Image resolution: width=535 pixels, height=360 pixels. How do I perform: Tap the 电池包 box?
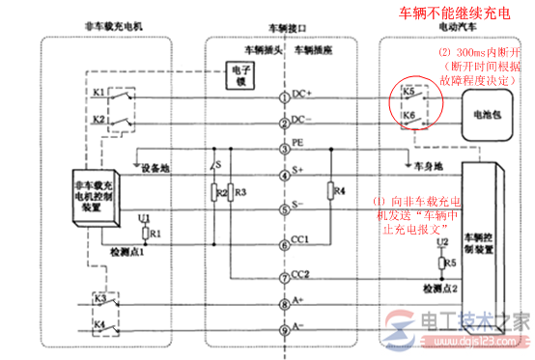coord(483,113)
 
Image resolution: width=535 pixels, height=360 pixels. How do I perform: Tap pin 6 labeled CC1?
coord(284,239)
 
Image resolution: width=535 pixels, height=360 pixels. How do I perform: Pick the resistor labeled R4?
coord(329,190)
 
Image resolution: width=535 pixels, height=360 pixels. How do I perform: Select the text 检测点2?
coord(436,288)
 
